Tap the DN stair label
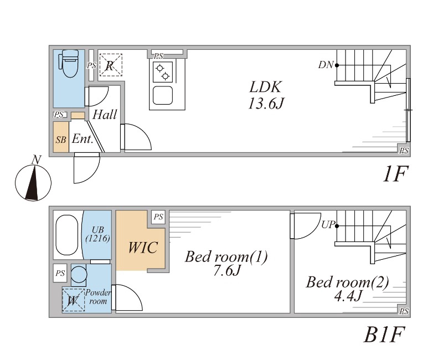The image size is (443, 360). tap(326, 65)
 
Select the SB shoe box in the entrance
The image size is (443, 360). tap(61, 137)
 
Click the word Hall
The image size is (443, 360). tap(105, 115)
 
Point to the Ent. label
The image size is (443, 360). tap(82, 140)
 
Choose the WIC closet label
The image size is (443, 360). tap(143, 247)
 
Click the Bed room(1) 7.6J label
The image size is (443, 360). tap(226, 263)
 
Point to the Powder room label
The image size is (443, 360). tap(98, 297)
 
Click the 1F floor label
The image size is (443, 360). tap(394, 175)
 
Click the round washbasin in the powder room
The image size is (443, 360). tap(79, 275)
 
